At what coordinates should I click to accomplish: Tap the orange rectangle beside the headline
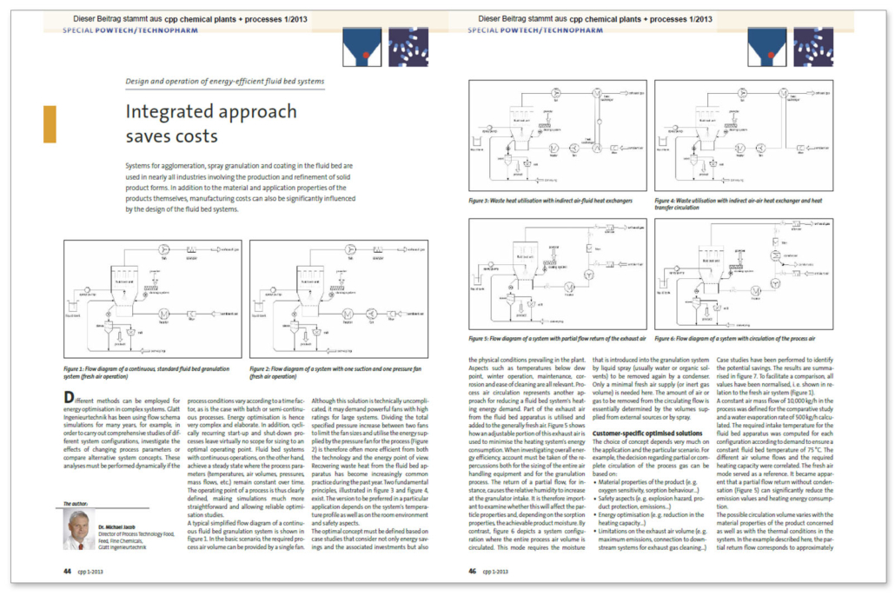50,123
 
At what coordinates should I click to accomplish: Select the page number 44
67,572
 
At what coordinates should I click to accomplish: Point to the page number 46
473,572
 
